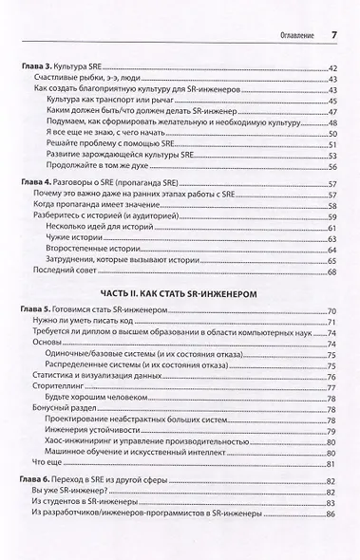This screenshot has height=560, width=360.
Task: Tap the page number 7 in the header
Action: (x=335, y=11)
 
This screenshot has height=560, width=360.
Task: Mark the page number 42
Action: (x=332, y=70)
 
